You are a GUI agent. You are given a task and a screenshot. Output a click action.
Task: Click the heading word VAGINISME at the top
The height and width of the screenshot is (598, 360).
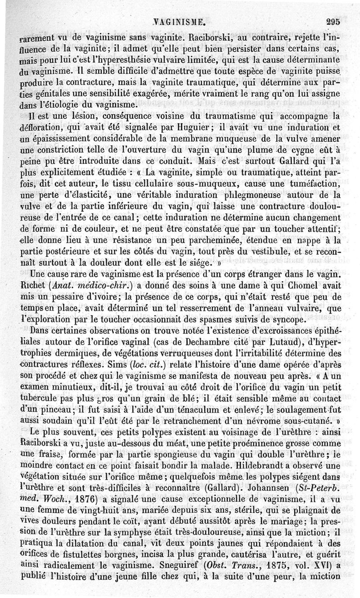click(180, 21)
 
